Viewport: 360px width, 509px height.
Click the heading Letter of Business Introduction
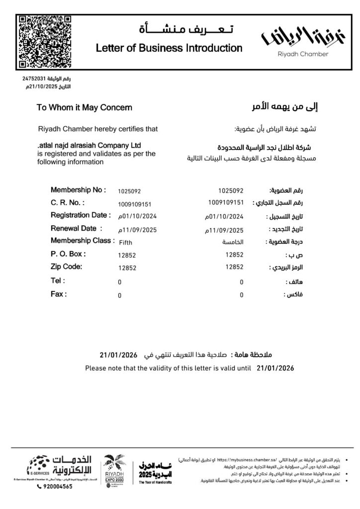tap(169, 49)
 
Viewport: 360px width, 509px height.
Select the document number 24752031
tap(34, 79)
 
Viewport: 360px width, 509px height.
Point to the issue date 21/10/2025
tap(44, 87)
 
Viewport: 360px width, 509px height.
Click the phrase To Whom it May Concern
tap(84, 107)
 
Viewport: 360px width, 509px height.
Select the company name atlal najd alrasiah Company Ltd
tap(90, 146)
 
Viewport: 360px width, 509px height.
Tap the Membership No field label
tap(79, 190)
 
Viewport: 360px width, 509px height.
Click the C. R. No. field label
tap(68, 202)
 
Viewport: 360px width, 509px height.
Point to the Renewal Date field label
tap(75, 228)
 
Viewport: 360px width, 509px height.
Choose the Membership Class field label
tap(82, 241)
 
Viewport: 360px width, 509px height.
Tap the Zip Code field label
tap(66, 267)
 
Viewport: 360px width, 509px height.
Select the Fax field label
tap(59, 294)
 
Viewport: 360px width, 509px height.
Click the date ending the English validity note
tap(276, 368)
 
